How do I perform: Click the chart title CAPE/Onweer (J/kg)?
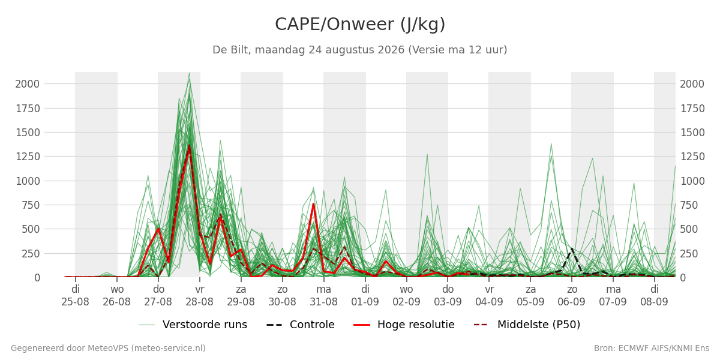tap(360, 25)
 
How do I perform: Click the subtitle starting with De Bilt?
tap(359, 50)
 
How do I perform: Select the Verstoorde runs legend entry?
tap(193, 325)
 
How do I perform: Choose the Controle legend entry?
tap(301, 325)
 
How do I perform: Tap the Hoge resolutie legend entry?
tap(404, 325)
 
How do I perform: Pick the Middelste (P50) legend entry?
tap(527, 325)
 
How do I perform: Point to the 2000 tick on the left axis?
tap(28, 84)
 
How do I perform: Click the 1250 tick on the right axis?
tap(692, 157)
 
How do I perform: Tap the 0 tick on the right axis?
tap(683, 278)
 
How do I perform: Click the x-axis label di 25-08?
tap(75, 296)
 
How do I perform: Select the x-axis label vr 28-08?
tap(200, 296)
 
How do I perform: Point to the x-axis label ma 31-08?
tap(323, 296)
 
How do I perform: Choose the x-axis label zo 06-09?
tap(572, 296)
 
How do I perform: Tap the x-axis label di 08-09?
tap(655, 296)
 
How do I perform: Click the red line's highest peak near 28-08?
tap(190, 146)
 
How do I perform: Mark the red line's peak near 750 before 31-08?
tap(313, 203)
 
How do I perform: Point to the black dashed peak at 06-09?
tap(572, 248)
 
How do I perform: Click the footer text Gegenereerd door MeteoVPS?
tap(108, 349)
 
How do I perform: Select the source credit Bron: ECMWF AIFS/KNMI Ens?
tap(652, 349)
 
